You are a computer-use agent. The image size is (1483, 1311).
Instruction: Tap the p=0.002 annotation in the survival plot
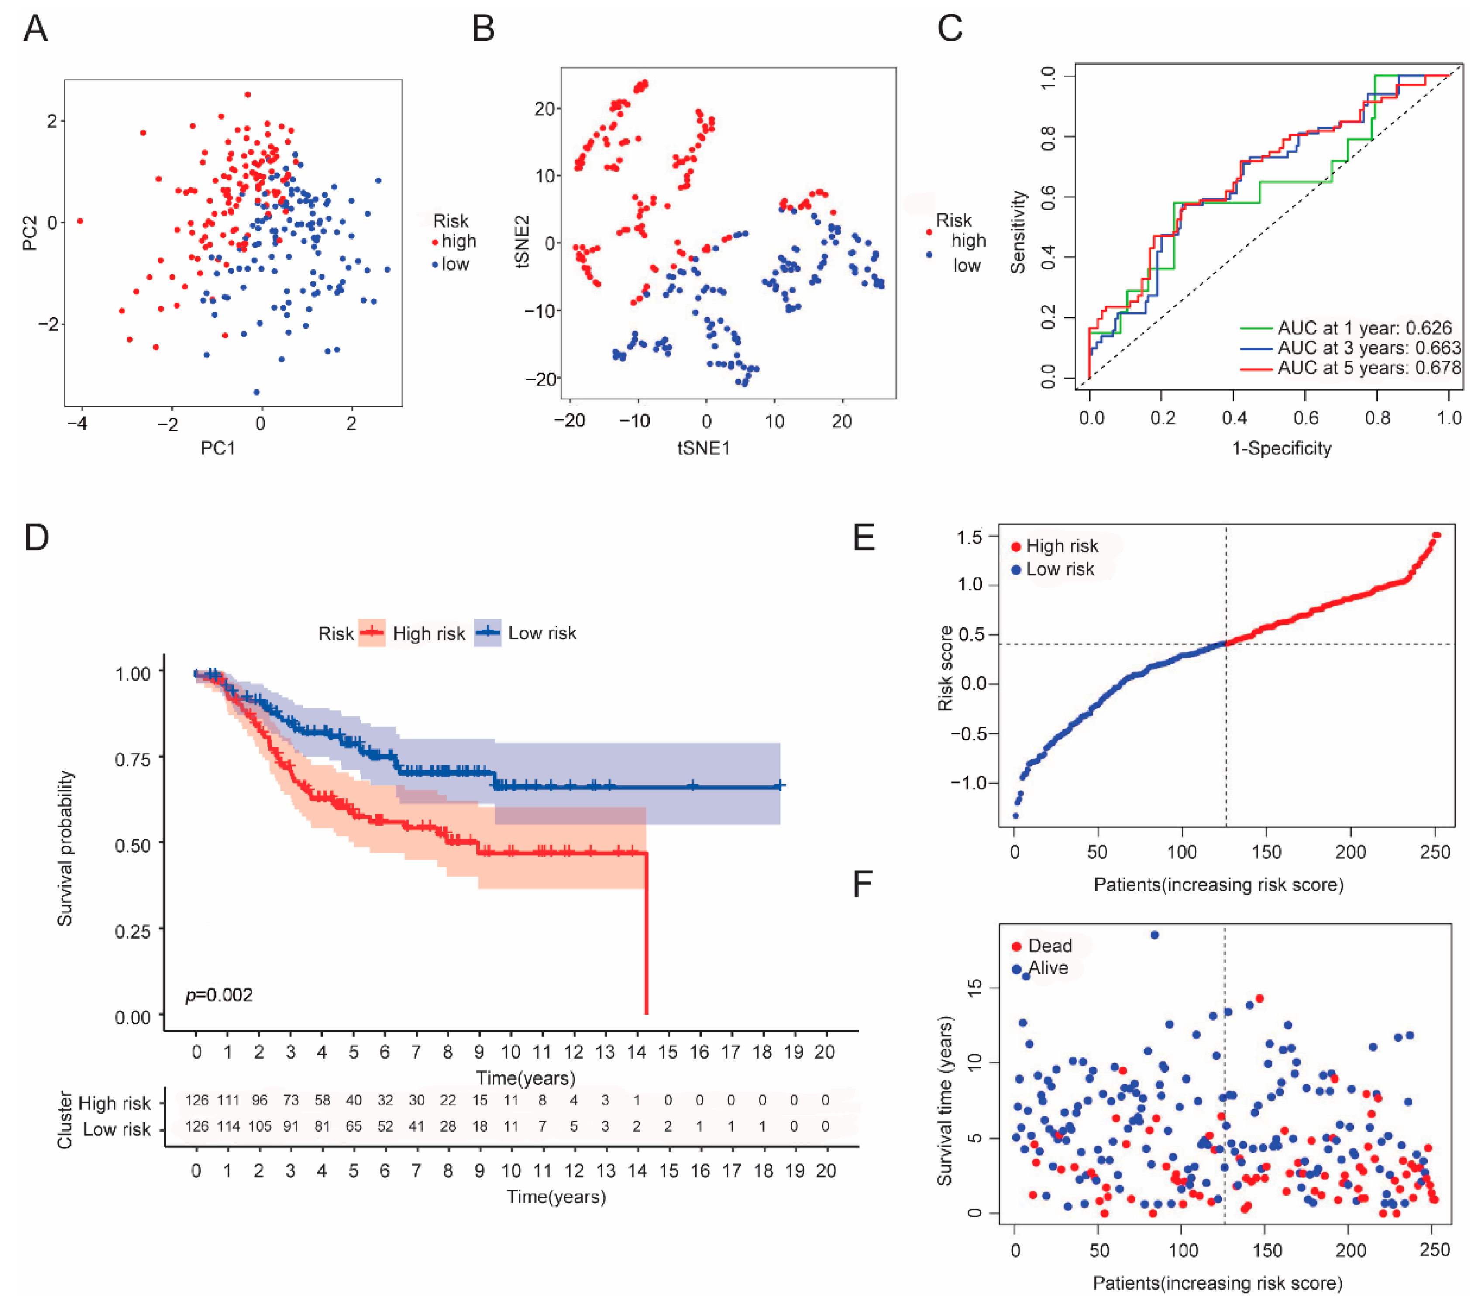(219, 994)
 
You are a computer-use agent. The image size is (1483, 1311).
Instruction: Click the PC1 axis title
(218, 448)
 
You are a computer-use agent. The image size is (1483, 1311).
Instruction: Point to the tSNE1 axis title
(704, 448)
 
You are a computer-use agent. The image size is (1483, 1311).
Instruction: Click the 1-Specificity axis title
(1281, 448)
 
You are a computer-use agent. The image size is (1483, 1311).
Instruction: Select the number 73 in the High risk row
(291, 1101)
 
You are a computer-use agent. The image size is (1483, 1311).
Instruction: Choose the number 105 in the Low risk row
(260, 1127)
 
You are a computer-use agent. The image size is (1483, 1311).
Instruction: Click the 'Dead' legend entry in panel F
(1049, 946)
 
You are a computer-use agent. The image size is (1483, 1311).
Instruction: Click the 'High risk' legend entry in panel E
(1061, 546)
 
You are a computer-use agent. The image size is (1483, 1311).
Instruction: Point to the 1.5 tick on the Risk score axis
(969, 537)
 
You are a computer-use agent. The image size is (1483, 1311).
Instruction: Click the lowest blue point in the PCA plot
(256, 392)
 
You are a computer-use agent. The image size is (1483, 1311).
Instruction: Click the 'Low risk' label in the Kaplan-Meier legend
(542, 633)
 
